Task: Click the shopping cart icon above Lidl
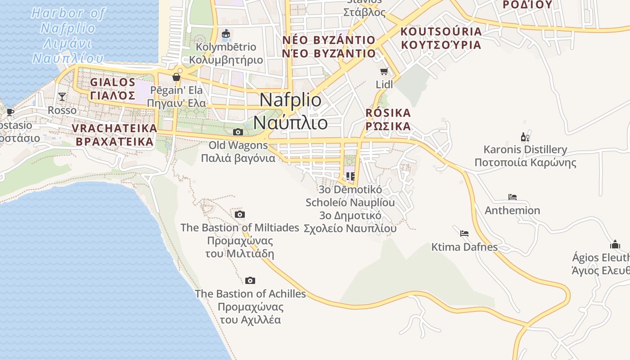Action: [x=384, y=71]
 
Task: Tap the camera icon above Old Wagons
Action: [x=238, y=132]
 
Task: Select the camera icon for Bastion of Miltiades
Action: [x=240, y=214]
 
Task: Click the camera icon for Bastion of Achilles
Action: [x=250, y=280]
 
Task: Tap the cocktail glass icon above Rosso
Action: [x=62, y=97]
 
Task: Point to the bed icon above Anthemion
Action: [x=512, y=197]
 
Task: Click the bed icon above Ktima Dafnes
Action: [x=464, y=233]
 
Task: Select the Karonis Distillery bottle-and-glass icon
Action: [x=525, y=137]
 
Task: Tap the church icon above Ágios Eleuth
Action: [x=615, y=244]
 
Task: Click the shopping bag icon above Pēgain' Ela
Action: [x=176, y=77]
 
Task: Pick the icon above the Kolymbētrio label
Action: [x=226, y=34]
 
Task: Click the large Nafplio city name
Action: [x=291, y=111]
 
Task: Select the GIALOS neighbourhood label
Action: [x=112, y=89]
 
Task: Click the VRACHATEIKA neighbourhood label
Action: [x=114, y=135]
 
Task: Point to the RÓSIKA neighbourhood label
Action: [x=388, y=119]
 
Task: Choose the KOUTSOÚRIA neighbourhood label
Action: [x=441, y=38]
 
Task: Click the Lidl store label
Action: [x=384, y=84]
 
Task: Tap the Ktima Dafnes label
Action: [x=464, y=247]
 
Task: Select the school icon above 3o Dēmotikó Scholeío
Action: [x=350, y=176]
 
